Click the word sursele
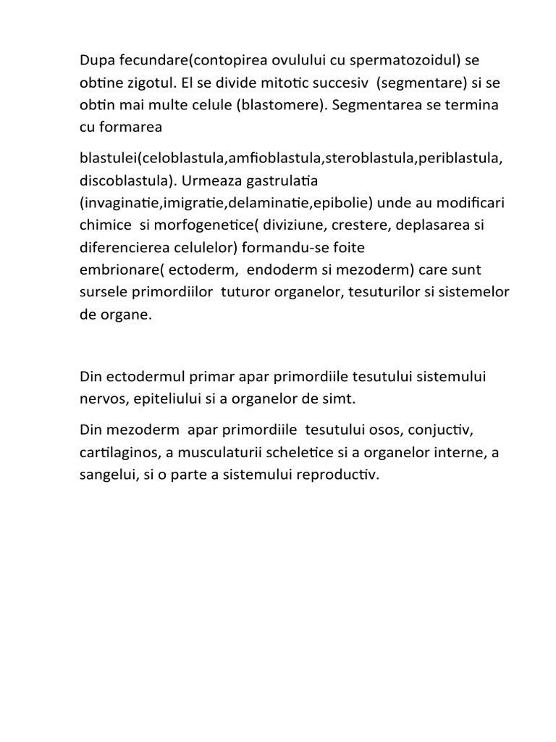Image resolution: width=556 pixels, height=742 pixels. (102, 293)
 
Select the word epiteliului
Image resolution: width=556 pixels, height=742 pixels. (172, 399)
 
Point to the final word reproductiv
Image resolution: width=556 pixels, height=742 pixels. (339, 475)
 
